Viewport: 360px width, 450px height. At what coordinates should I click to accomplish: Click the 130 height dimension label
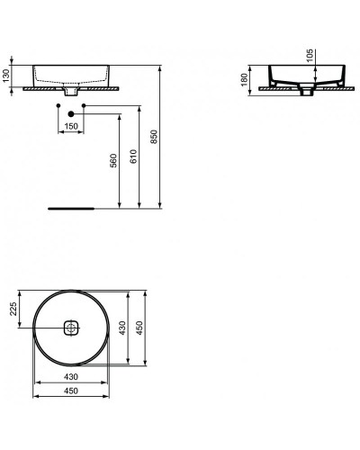point(7,76)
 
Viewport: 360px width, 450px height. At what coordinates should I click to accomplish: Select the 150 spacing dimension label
point(71,126)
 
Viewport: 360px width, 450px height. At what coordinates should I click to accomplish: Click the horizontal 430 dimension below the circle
point(71,376)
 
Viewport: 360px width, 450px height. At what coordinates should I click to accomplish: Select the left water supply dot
point(58,107)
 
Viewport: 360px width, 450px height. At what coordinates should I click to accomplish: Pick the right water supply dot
point(85,107)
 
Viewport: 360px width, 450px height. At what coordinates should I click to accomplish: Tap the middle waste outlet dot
point(72,114)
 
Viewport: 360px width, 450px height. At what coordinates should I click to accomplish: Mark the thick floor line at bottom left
point(71,207)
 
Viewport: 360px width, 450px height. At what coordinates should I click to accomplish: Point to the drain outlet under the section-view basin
point(307,91)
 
